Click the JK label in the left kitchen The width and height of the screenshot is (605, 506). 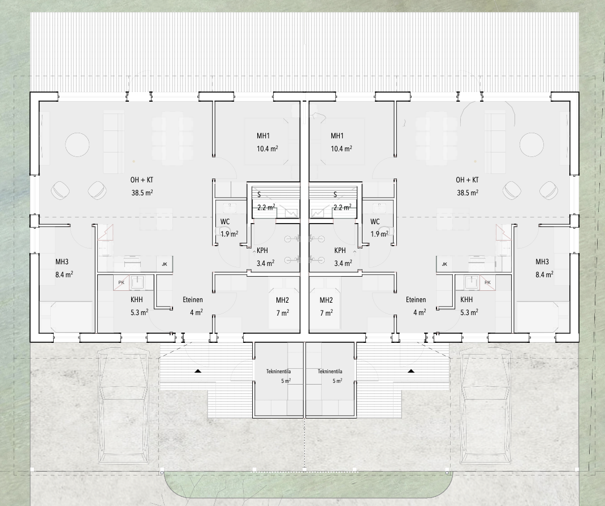(x=165, y=264)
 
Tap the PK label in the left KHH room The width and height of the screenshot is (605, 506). (x=121, y=282)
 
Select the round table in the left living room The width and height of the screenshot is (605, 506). (x=77, y=145)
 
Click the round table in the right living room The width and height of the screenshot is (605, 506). (x=531, y=145)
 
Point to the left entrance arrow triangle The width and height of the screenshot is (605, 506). (x=198, y=370)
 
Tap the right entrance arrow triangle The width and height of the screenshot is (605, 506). (x=411, y=370)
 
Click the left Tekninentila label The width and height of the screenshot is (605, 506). (x=279, y=372)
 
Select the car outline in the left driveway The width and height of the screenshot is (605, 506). (x=123, y=406)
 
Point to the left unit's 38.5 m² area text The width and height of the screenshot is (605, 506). (x=142, y=193)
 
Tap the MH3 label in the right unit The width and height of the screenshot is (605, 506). (x=542, y=262)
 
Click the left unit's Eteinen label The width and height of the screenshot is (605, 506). (x=193, y=300)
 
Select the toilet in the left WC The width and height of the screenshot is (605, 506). (x=222, y=232)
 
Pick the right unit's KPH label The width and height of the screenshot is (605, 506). (x=340, y=251)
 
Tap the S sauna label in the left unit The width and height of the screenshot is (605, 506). (x=259, y=195)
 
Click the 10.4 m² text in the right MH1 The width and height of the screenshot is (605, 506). (x=341, y=149)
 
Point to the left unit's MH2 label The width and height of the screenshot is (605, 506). (x=283, y=300)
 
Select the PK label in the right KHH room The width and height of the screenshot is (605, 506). (x=487, y=282)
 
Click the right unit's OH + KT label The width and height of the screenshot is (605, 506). (x=467, y=180)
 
